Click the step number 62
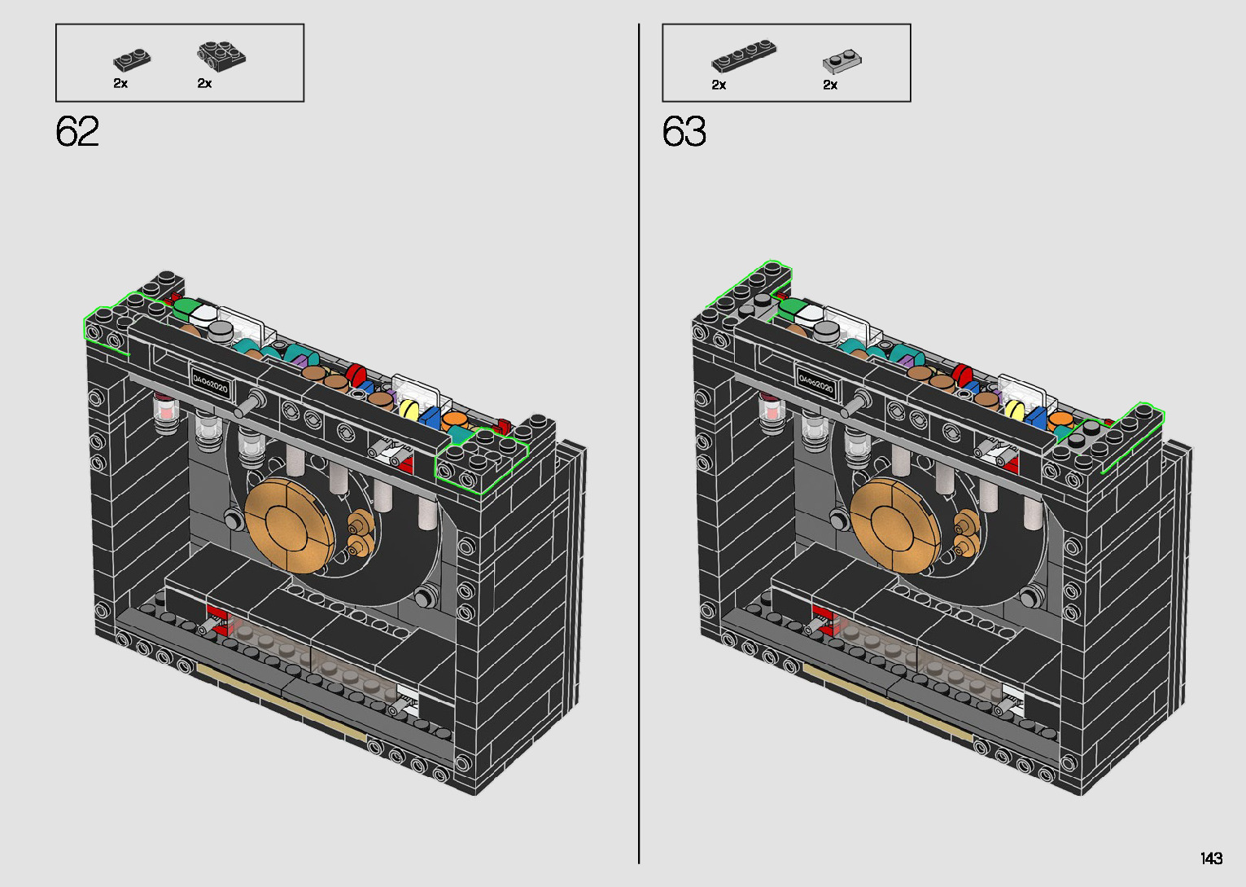pos(77,131)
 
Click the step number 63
pos(684,131)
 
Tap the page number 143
pos(1212,858)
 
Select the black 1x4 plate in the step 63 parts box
pos(744,56)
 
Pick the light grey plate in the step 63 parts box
pos(842,62)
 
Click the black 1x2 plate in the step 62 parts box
pos(132,60)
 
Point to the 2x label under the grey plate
pos(830,85)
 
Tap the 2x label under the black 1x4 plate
pos(719,85)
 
